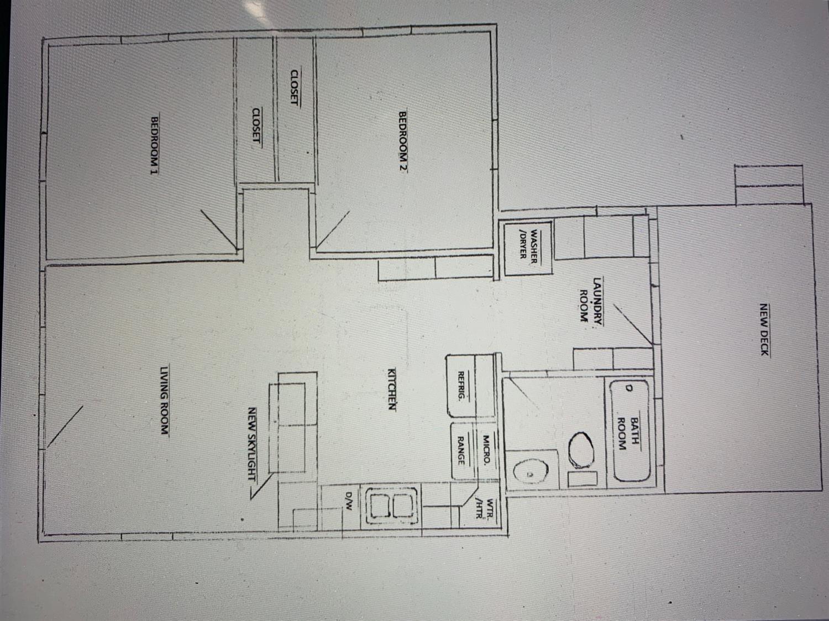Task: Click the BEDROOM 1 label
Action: [x=155, y=146]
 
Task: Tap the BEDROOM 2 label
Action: [x=403, y=142]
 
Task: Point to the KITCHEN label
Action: [x=392, y=389]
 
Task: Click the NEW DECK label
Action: [x=764, y=329]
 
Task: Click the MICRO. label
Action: [x=486, y=450]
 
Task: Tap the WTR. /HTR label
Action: [x=485, y=509]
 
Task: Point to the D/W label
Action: [x=349, y=501]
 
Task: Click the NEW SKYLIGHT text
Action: [x=252, y=444]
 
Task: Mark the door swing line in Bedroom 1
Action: [x=219, y=230]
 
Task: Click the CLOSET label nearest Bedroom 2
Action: [x=295, y=87]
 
